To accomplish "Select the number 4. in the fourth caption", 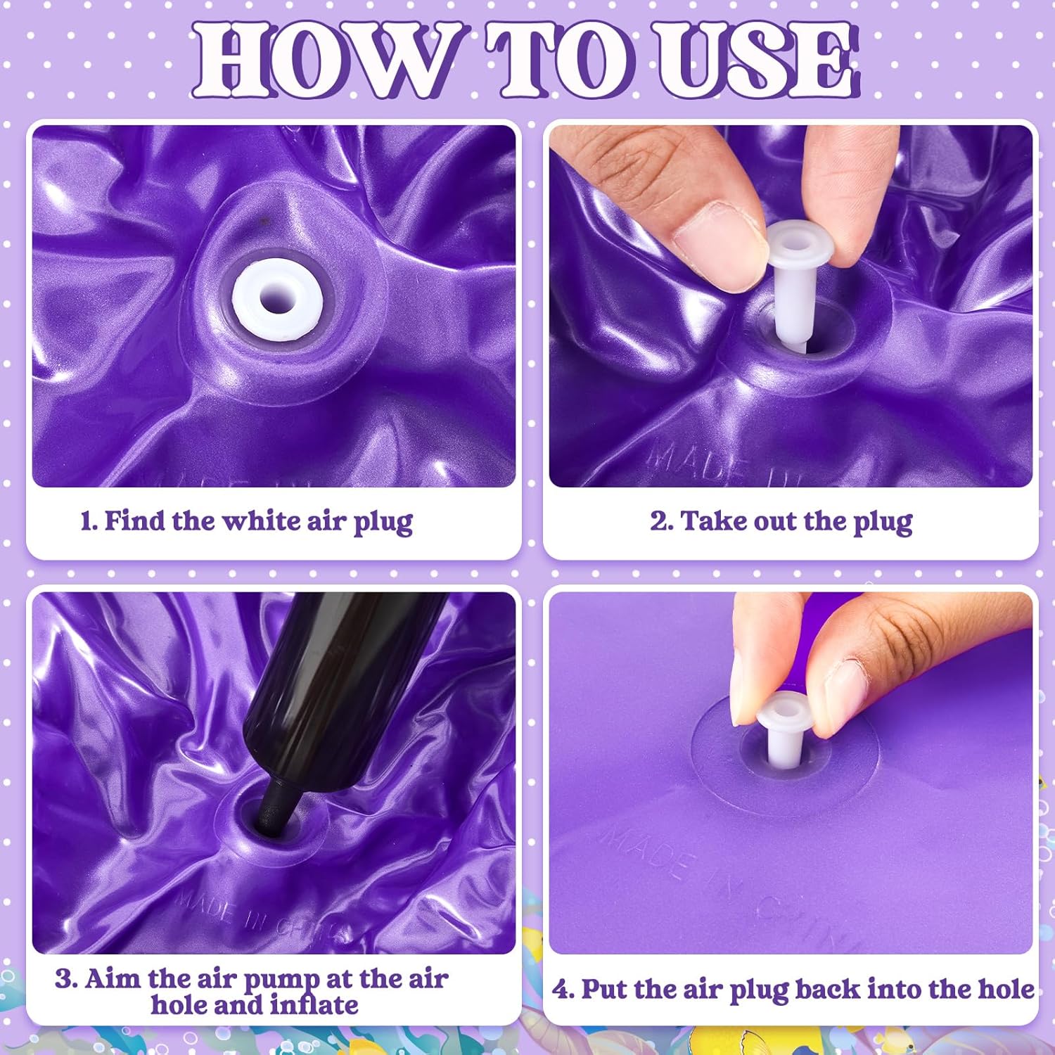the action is [563, 990].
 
